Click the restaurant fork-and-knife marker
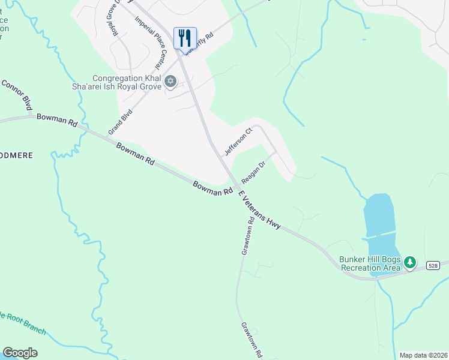click(185, 37)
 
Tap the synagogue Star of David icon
click(170, 81)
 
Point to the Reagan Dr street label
click(253, 173)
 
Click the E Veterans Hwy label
click(259, 210)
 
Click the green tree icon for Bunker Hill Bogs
click(410, 262)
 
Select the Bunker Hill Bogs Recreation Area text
click(370, 263)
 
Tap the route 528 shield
click(433, 265)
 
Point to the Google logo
click(20, 353)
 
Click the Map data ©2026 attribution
click(423, 355)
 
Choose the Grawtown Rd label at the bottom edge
click(252, 340)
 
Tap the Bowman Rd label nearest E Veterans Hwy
click(212, 188)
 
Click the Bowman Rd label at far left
click(57, 119)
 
